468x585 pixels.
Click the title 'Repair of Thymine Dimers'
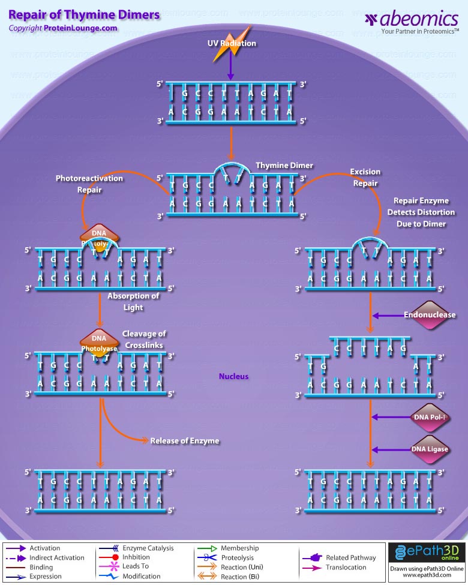click(x=84, y=14)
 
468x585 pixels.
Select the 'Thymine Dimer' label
click(x=284, y=166)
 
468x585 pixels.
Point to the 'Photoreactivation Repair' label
click(x=89, y=184)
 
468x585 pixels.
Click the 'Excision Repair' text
click(x=365, y=178)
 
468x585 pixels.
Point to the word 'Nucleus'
click(x=233, y=376)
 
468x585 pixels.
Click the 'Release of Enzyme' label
click(x=184, y=440)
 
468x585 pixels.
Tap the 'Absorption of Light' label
click(x=133, y=302)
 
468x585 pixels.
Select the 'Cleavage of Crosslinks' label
click(x=144, y=340)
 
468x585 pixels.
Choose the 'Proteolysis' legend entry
click(x=237, y=557)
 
